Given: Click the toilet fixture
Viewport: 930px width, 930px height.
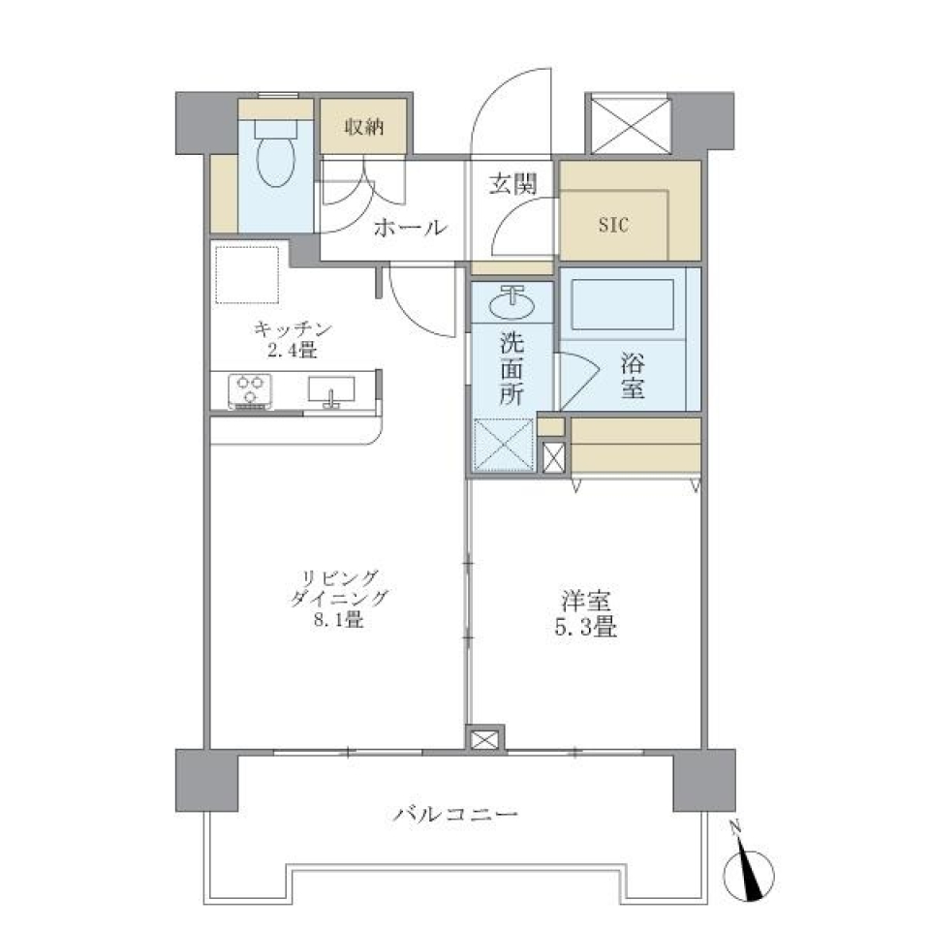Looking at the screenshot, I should (x=276, y=157).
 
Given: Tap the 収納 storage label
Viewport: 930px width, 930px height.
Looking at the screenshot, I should (x=364, y=126).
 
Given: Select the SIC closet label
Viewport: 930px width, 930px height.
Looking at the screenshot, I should (x=613, y=226).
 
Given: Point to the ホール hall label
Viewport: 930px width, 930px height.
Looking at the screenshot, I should (x=409, y=229).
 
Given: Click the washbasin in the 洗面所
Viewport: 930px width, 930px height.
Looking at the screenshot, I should (x=511, y=304).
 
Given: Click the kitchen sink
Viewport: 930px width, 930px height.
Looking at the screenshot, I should (x=331, y=390).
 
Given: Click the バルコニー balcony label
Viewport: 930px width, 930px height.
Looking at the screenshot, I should (x=455, y=813).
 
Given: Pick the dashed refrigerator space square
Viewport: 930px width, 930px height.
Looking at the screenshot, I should (x=247, y=274).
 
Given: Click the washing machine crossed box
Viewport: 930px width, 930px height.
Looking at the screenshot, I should (x=504, y=445).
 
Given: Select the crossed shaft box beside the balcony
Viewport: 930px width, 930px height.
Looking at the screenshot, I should (x=485, y=740).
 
